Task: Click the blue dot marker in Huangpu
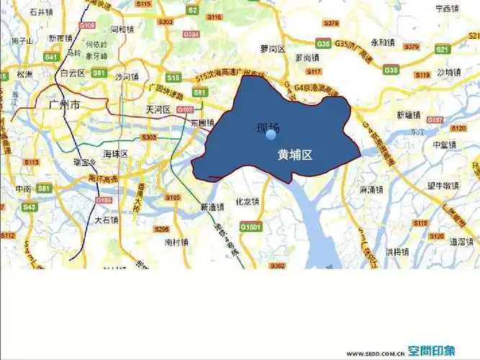point(271,135)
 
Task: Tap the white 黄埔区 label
point(294,154)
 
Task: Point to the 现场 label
point(268,127)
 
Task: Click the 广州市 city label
point(64,105)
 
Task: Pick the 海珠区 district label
point(114,154)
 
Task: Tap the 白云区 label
point(73,73)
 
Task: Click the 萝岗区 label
point(273,49)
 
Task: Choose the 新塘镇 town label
point(408,114)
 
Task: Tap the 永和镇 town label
point(384,42)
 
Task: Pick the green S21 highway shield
point(443,49)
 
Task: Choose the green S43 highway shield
point(30,207)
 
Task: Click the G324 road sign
point(191,34)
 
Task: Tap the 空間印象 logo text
point(432,351)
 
